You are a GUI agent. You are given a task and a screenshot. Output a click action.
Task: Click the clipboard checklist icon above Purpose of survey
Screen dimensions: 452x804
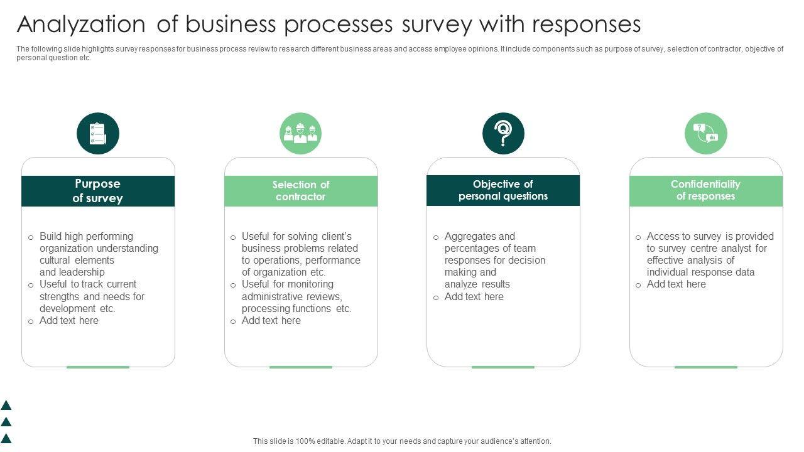(98, 133)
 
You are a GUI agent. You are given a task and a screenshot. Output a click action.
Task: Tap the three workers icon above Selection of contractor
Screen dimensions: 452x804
(300, 133)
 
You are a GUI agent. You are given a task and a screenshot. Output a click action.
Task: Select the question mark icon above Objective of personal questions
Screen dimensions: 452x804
(503, 133)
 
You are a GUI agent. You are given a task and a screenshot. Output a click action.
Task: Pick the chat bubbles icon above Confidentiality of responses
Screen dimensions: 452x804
(705, 133)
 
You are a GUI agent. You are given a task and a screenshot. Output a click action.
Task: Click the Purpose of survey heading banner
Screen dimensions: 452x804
(98, 191)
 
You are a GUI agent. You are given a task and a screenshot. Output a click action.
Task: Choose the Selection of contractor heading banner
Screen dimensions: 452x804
(301, 191)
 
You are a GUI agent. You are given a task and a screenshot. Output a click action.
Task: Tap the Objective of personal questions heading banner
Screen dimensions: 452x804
(503, 190)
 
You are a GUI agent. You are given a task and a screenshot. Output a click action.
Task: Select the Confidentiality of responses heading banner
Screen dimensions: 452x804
(706, 190)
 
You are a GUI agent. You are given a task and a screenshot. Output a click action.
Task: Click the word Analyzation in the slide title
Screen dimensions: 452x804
(81, 24)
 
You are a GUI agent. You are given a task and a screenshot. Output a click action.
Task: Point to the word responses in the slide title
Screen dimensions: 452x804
(586, 24)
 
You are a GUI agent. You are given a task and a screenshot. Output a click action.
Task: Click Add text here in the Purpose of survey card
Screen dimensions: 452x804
(69, 321)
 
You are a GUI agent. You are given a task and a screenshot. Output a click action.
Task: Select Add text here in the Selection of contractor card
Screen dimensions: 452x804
(271, 321)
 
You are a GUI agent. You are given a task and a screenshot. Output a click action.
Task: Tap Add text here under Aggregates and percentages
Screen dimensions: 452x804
(474, 297)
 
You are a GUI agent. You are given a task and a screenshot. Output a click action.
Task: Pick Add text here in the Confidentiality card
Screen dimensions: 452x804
(676, 284)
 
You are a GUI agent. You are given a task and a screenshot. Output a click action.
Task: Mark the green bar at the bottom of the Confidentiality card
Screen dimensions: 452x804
(706, 367)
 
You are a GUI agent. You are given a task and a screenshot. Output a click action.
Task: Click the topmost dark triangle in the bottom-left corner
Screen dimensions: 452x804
(6, 406)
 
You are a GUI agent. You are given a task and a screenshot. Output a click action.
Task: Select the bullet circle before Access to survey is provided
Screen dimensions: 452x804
(638, 237)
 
